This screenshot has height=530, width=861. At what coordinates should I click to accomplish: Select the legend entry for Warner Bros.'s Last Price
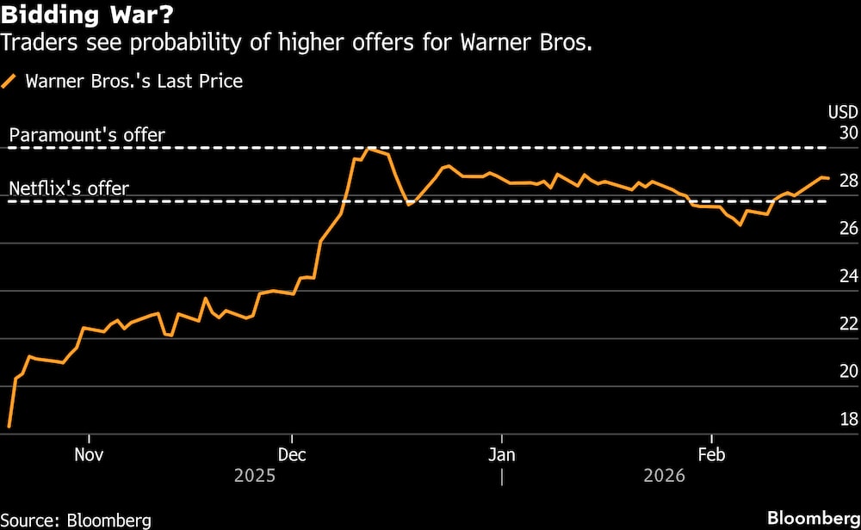133,82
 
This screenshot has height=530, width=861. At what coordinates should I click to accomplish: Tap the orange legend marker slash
10,82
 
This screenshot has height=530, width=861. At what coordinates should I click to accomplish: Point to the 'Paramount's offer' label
86,135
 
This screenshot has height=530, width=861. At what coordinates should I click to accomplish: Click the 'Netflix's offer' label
69,188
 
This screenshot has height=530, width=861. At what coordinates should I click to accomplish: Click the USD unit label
842,112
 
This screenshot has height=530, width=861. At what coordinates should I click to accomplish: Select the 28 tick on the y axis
847,181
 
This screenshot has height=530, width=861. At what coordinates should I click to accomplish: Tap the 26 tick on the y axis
847,228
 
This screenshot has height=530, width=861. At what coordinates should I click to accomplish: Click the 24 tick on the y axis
847,276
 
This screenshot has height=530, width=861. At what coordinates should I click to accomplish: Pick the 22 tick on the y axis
847,324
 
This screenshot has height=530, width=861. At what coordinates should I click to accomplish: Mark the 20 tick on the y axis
847,371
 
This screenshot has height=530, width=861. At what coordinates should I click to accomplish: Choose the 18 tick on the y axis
847,419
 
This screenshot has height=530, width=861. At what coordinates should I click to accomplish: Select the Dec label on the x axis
292,453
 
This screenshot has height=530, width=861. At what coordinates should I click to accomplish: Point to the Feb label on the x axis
710,453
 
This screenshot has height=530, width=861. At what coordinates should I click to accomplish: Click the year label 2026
663,476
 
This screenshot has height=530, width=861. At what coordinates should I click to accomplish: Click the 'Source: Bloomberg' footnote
76,520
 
